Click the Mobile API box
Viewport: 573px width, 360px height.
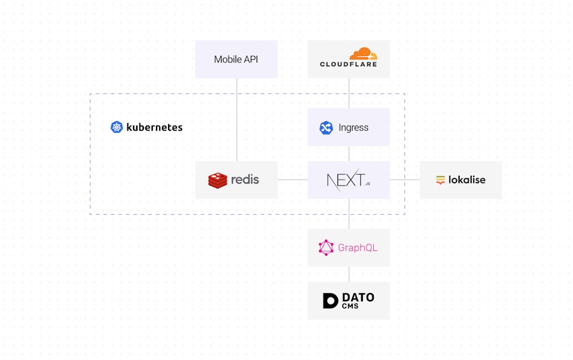pos(236,59)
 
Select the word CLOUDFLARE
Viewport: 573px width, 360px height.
pos(348,64)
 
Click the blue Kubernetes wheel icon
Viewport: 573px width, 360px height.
pos(117,127)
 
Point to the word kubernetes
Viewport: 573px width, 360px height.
pos(155,127)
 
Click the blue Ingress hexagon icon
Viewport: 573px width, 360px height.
pos(326,127)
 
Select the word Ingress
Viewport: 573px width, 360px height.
pos(353,127)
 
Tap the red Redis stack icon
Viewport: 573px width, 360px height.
pos(218,180)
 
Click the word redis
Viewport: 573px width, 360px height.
pos(245,180)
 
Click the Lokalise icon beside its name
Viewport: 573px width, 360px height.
pos(441,180)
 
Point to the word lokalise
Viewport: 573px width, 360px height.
pos(467,180)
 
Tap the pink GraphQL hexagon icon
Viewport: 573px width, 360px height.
pos(326,248)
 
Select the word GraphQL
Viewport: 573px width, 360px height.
pos(358,248)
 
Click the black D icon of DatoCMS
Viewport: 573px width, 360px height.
pos(330,301)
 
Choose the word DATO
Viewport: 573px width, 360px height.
pos(358,298)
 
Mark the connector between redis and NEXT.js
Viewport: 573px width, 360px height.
pos(292,180)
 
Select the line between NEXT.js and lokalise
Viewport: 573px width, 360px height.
pos(404,180)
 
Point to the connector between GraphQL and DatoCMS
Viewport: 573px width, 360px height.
pos(348,274)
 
